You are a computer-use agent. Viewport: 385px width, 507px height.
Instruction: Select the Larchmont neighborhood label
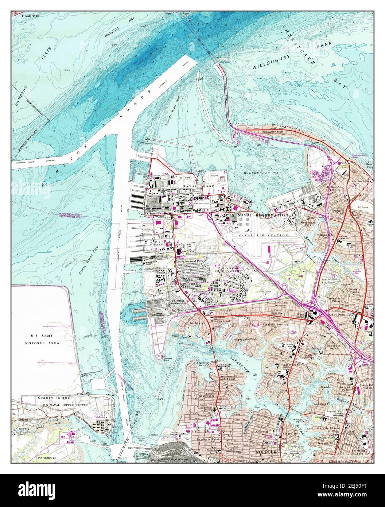click(x=229, y=379)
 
